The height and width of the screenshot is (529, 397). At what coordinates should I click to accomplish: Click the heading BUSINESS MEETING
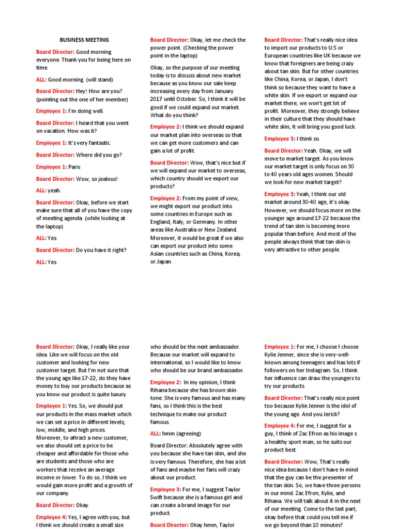84,40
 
